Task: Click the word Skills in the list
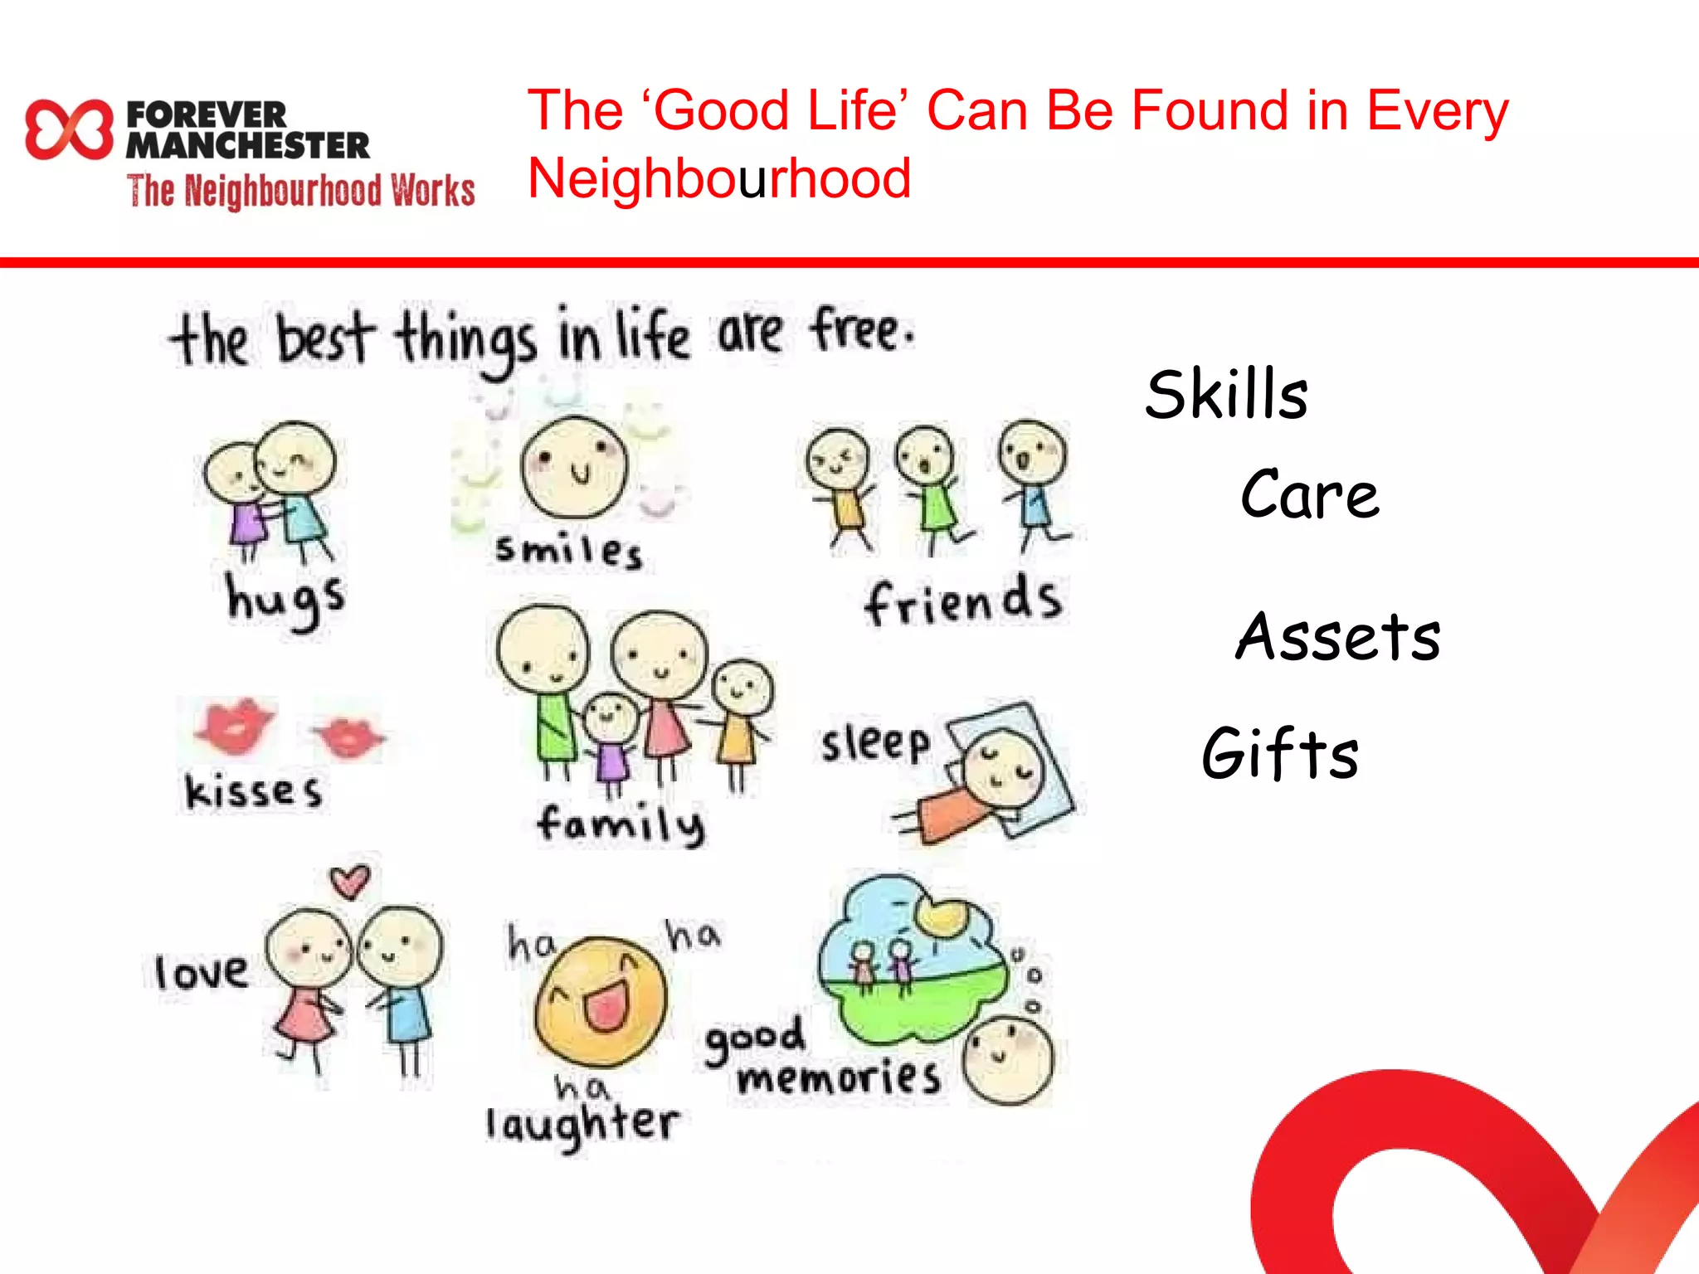[1226, 395]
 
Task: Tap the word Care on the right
[1310, 494]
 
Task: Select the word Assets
[1337, 636]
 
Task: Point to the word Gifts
[1280, 753]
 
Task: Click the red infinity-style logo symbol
[69, 129]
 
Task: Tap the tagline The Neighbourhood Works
[300, 191]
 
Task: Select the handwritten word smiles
[568, 551]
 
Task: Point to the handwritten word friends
[962, 601]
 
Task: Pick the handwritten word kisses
[253, 790]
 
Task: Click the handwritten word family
[621, 824]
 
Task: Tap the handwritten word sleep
[875, 742]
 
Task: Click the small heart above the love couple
[350, 881]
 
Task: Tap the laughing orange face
[601, 1001]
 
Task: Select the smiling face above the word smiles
[574, 467]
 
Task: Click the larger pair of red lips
[234, 725]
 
